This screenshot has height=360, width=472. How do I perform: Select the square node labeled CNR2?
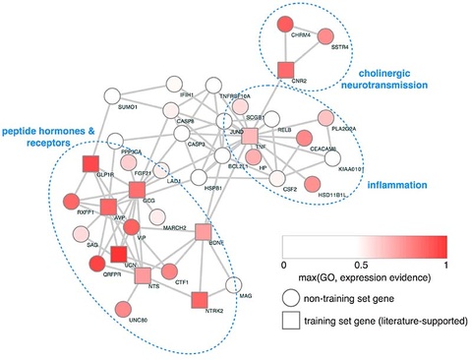(x=285, y=69)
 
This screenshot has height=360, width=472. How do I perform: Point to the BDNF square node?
(x=204, y=232)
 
